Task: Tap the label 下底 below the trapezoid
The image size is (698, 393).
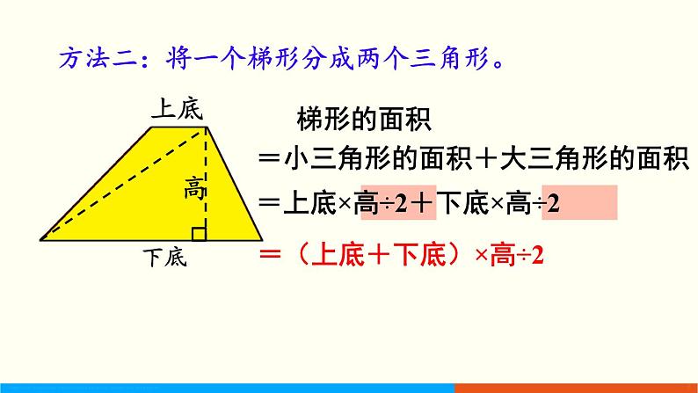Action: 164,258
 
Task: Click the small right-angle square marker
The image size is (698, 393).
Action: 200,232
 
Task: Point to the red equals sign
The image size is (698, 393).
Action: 269,256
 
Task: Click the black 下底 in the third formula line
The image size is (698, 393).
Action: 462,205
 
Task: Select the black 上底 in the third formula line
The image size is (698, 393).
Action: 309,205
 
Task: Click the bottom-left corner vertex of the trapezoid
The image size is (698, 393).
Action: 41,238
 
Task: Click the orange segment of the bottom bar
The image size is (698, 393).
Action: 576,388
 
